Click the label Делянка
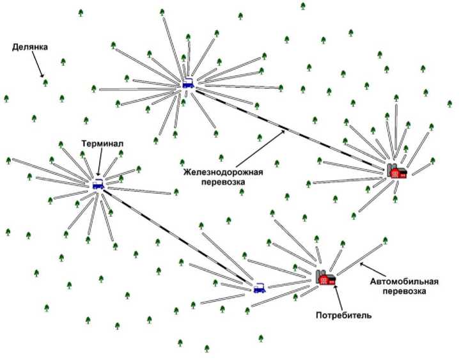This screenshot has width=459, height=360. coord(29,47)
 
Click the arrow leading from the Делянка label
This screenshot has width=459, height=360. coord(38,65)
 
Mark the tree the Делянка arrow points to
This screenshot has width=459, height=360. coord(45,82)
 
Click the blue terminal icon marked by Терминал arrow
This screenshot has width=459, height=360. coord(98,184)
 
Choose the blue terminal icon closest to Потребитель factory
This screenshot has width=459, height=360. coord(259,288)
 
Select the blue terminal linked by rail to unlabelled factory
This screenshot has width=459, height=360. coord(188,83)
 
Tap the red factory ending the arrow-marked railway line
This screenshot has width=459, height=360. coord(397,171)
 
